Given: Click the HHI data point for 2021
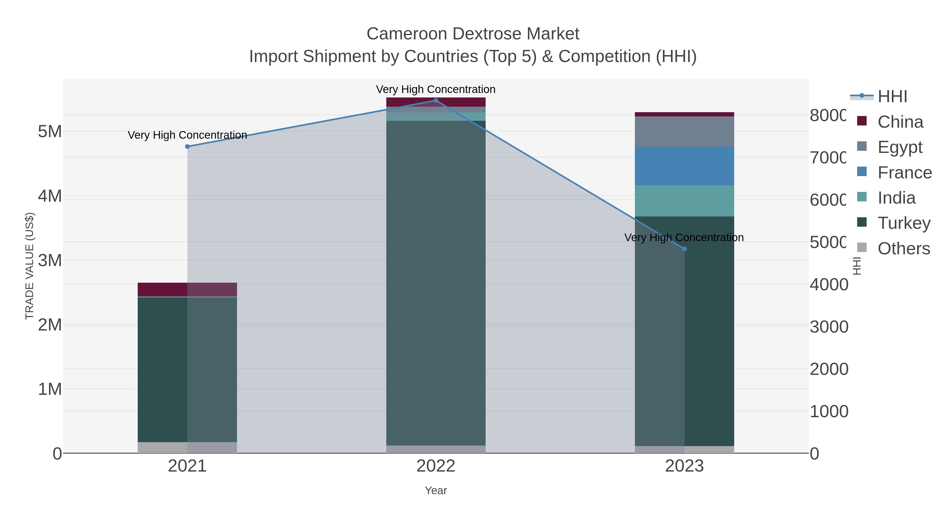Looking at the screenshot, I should (187, 147).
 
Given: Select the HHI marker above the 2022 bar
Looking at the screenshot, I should (436, 101).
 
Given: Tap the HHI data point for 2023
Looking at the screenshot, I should (685, 249).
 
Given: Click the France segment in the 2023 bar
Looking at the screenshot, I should (685, 166).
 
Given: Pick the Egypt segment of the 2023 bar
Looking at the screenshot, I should (685, 131).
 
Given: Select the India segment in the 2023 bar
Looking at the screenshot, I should (685, 201).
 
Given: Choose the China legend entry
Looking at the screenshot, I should (900, 122).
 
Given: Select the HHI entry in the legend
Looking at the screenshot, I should (892, 97).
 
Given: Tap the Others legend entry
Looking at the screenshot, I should (903, 249).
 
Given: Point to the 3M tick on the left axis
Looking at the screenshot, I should (50, 260).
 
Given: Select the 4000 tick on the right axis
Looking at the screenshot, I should (829, 285).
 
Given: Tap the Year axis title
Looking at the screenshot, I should (436, 490).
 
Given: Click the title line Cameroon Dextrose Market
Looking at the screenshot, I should (473, 34).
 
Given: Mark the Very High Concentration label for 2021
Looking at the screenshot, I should (187, 135).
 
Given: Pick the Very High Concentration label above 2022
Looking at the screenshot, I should (436, 89).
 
